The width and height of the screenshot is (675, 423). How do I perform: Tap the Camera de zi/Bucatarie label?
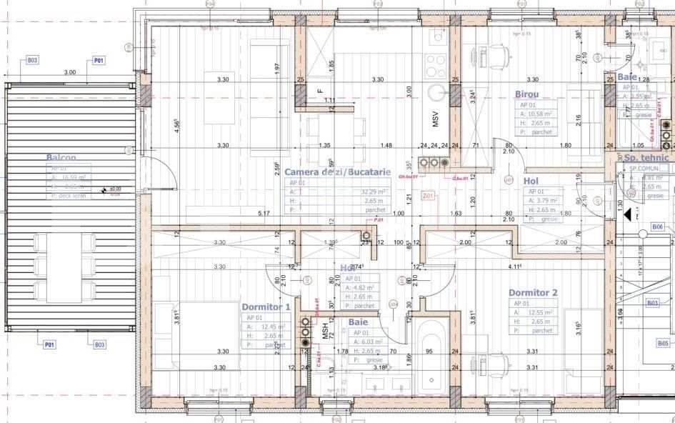pos(337,172)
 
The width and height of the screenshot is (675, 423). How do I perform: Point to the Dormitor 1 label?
pos(266,307)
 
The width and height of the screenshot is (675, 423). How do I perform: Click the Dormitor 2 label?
pos(532,293)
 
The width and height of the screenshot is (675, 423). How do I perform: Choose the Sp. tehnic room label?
pos(646,158)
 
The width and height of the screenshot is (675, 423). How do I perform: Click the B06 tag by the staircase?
pos(658,227)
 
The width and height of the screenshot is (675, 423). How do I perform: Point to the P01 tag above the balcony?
pos(99,61)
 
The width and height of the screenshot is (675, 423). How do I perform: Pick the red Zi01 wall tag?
pos(429,195)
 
